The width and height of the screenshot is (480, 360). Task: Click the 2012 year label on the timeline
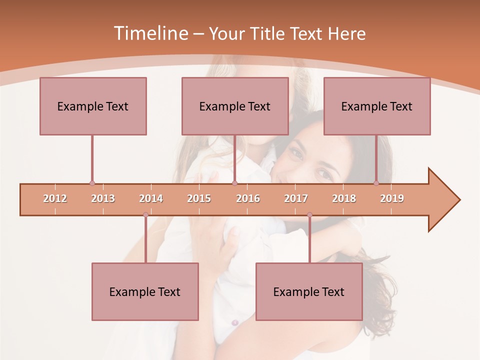click(55, 198)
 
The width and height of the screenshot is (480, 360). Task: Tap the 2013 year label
click(103, 198)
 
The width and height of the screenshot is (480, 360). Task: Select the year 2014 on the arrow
click(151, 198)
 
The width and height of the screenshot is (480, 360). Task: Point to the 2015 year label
click(199, 198)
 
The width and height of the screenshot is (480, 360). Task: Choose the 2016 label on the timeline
click(248, 198)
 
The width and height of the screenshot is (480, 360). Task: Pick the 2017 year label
click(296, 198)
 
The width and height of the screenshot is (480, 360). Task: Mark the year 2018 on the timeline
click(344, 198)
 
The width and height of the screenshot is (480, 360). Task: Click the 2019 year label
click(392, 198)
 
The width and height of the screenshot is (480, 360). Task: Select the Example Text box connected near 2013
click(93, 106)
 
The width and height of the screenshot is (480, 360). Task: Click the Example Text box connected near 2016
click(235, 106)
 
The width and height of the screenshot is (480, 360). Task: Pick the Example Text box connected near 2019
click(377, 106)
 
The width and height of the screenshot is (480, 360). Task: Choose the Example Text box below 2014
click(145, 292)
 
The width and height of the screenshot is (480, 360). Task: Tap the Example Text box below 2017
click(309, 292)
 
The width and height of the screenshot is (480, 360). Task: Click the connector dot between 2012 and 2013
click(92, 183)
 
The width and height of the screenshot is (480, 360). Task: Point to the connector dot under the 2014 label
click(145, 215)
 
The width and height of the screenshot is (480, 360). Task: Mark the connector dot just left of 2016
click(235, 183)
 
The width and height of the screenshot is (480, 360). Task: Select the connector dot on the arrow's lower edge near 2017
click(309, 215)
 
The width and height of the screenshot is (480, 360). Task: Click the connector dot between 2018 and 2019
click(376, 183)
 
